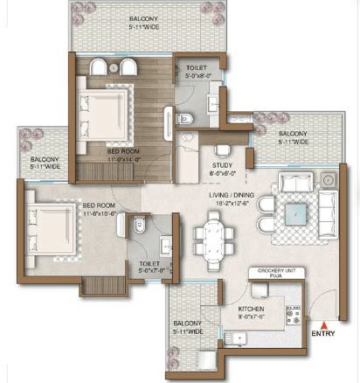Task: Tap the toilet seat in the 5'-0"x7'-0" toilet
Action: (x=140, y=226)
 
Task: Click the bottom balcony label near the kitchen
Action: (x=186, y=326)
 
